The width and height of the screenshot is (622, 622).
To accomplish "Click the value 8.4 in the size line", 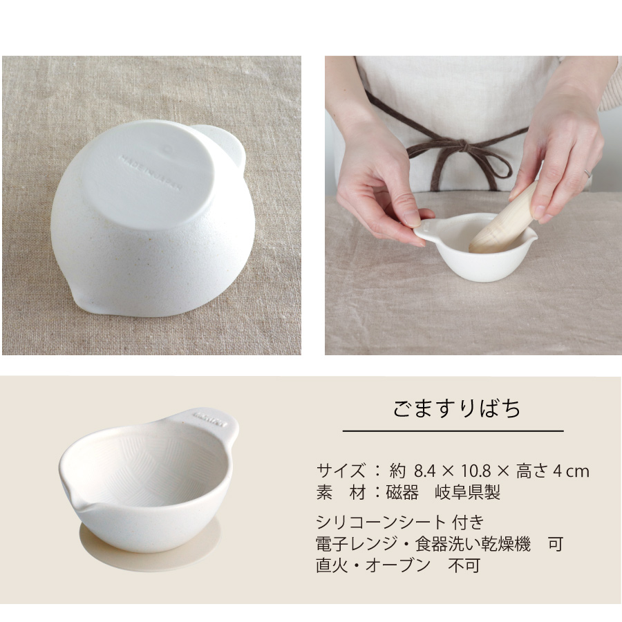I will click(x=424, y=471).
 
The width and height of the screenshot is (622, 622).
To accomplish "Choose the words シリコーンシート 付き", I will click(x=400, y=522).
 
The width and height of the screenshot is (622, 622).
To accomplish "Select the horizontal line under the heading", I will click(x=453, y=431).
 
